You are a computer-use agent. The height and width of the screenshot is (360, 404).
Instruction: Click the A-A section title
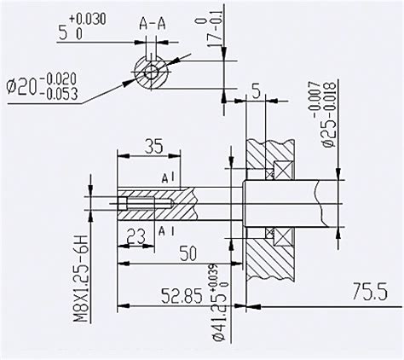point(153,25)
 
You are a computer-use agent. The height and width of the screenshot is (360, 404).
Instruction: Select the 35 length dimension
point(154,146)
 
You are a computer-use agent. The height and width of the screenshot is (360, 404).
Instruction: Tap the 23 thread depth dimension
point(136,235)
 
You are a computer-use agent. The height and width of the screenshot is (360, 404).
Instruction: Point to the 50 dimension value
point(188,253)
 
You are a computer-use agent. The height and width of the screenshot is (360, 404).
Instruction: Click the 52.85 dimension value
point(182,296)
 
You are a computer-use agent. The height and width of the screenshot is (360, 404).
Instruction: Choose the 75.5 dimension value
point(370,292)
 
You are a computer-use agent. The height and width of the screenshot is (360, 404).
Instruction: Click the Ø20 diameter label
point(22,88)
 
